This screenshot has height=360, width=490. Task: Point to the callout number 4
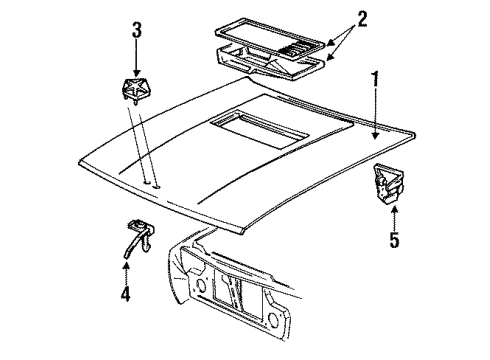125,297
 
